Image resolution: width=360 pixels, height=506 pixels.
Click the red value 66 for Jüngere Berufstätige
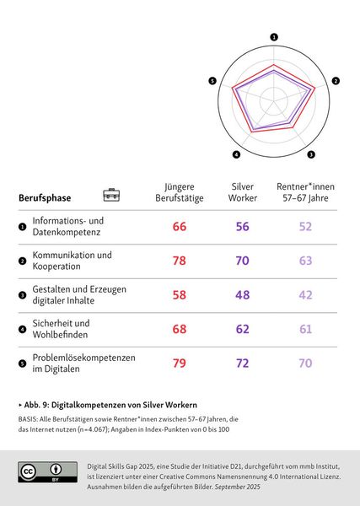180,227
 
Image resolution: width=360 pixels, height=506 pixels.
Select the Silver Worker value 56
243,227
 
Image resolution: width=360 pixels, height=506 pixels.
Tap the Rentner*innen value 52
305,227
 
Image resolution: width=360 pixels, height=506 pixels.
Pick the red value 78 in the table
180,261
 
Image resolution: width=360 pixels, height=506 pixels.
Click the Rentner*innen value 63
305,261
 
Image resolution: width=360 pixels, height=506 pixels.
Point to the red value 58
180,296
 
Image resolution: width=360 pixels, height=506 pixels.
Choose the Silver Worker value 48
243,296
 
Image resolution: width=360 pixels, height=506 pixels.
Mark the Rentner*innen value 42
305,296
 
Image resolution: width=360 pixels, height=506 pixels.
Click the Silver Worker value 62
243,330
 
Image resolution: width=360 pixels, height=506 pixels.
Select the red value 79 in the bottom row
180,364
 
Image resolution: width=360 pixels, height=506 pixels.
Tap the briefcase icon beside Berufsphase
111,195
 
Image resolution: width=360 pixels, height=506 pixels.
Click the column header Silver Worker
243,191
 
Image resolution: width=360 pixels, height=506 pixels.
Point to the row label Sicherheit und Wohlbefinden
61,330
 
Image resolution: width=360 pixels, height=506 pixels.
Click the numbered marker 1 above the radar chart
274,37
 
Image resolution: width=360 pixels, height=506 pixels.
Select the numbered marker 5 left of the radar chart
212,81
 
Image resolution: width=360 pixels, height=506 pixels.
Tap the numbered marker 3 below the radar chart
311,154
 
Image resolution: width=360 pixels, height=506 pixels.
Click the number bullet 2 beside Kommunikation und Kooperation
22,261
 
